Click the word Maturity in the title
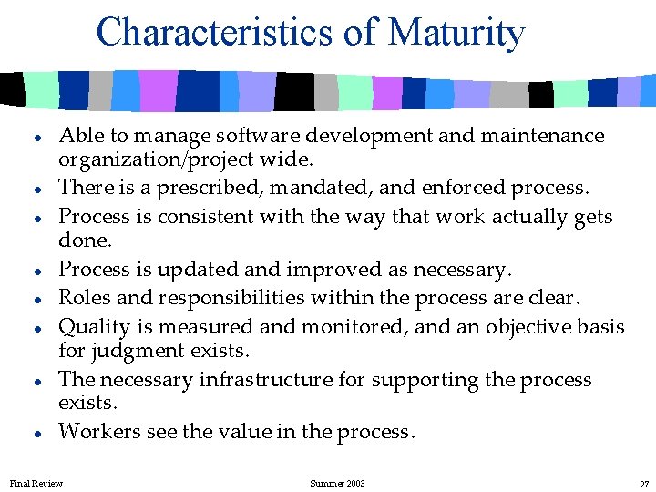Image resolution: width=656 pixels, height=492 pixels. tap(456, 32)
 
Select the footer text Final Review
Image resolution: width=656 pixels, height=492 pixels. tap(36, 483)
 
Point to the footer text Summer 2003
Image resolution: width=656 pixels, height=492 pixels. tap(337, 483)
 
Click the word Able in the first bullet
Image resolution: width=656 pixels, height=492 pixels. tap(79, 136)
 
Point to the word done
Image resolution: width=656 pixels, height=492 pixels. tap(84, 241)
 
